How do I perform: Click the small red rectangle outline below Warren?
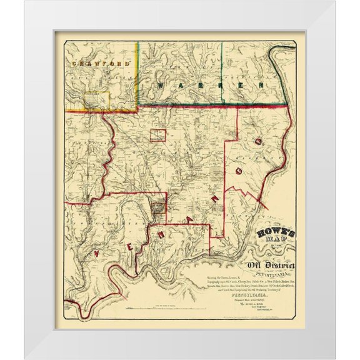click(x=157, y=135)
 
